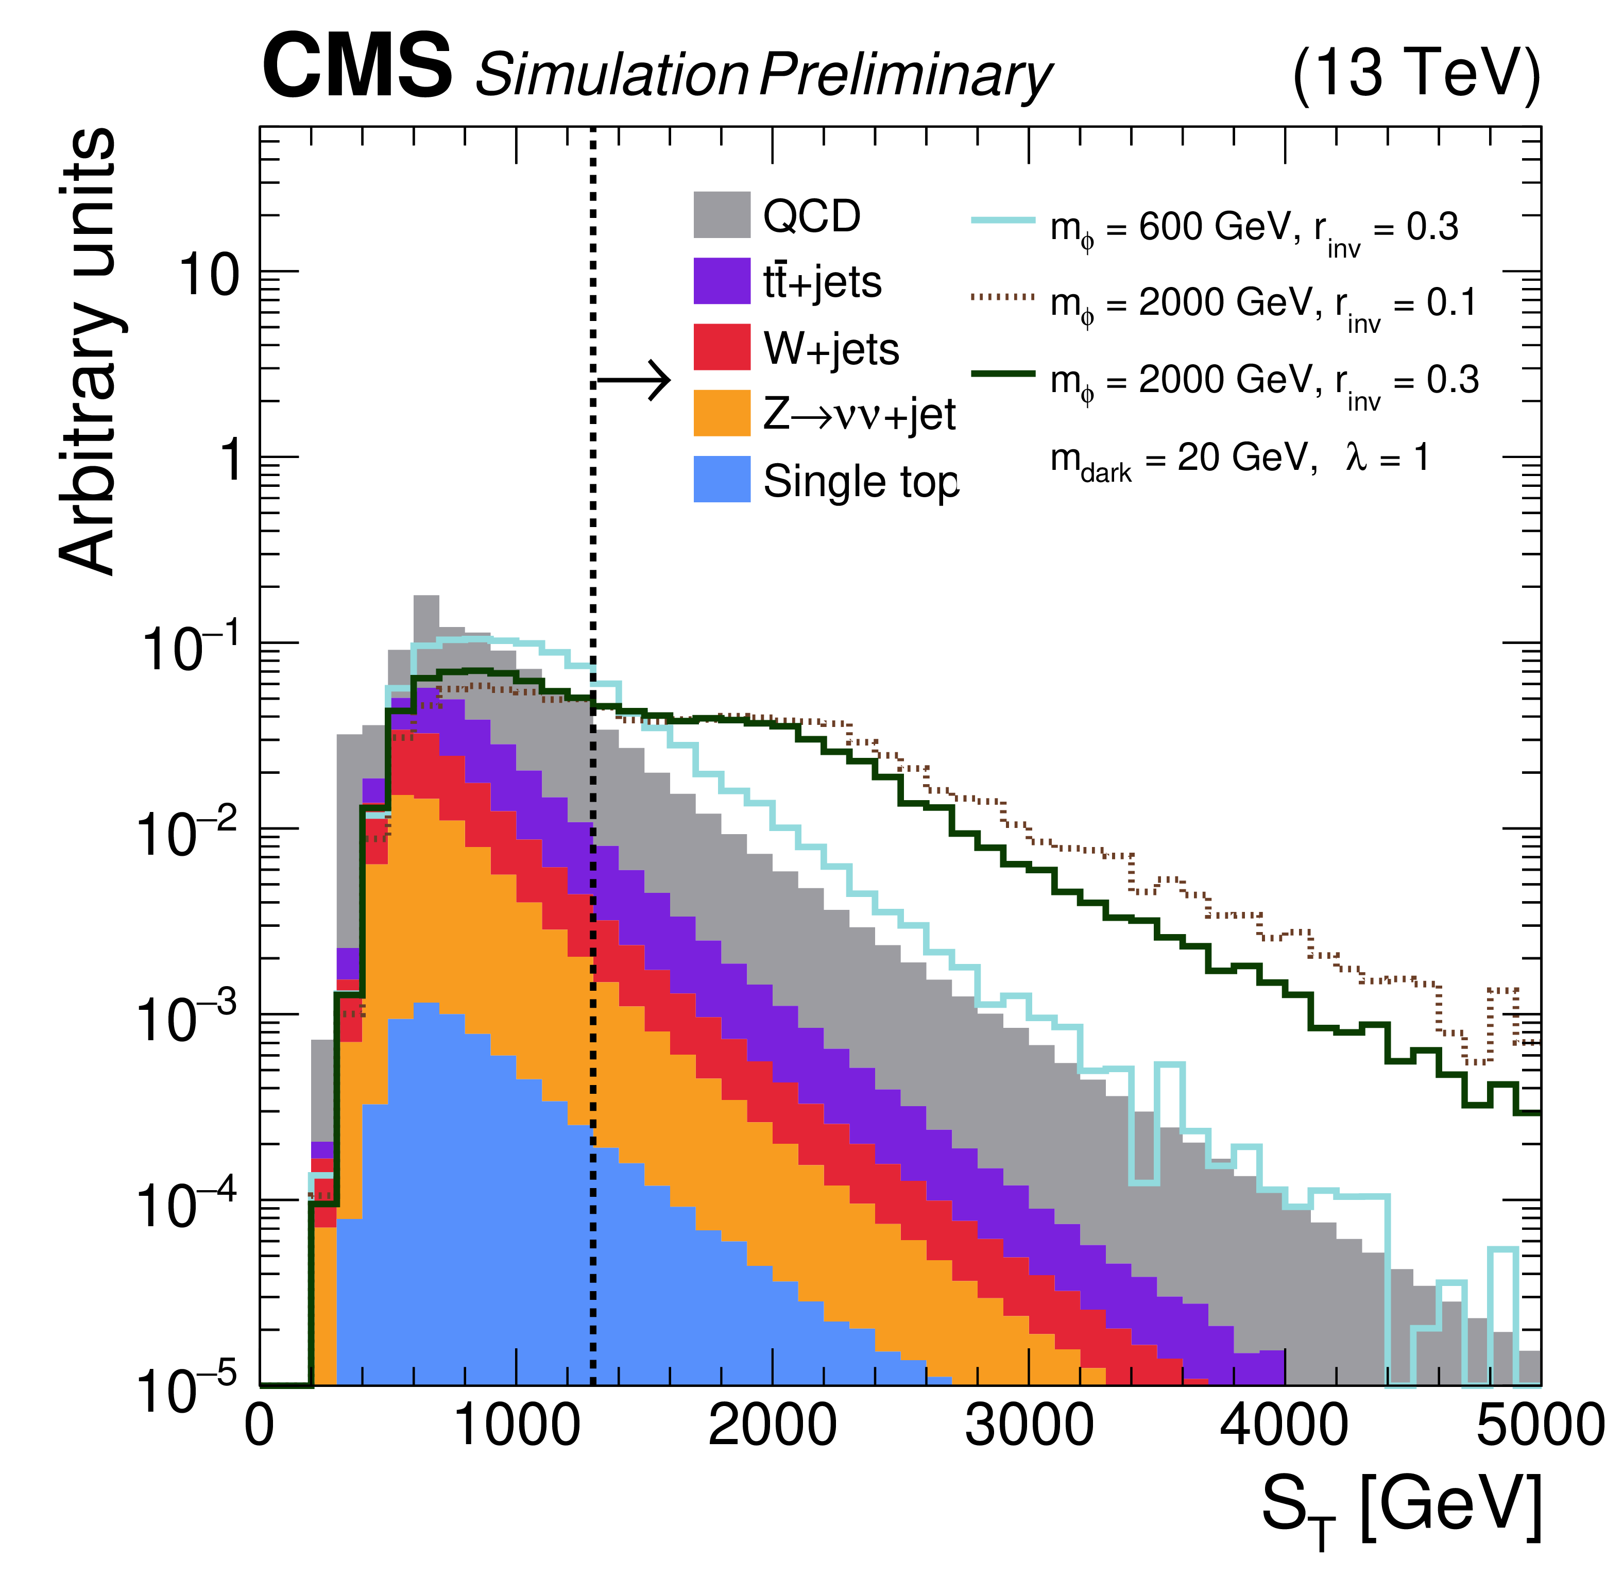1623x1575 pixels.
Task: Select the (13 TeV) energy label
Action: (1416, 75)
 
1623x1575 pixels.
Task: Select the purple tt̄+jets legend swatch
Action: (722, 281)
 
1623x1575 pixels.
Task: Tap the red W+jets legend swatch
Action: (722, 347)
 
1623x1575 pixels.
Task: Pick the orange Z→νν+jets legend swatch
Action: (722, 413)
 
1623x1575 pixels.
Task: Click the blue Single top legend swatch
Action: (722, 479)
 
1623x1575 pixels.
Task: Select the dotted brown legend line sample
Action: (1003, 296)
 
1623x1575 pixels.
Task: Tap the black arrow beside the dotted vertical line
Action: (634, 381)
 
